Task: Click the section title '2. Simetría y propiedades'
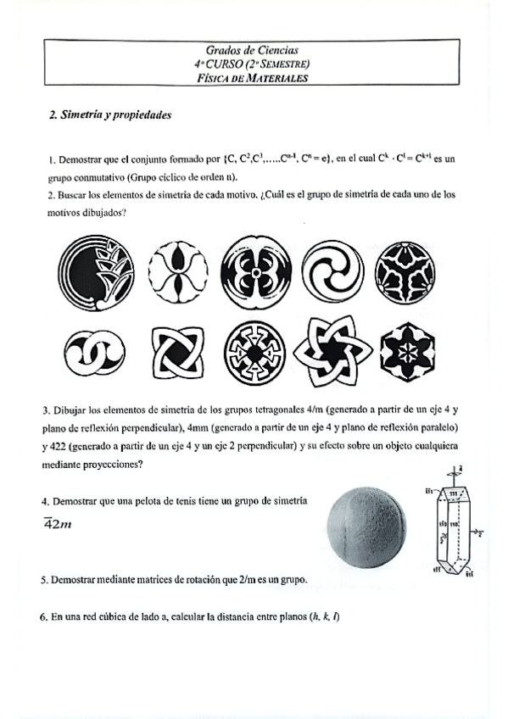click(x=111, y=114)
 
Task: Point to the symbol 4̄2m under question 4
click(x=58, y=523)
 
